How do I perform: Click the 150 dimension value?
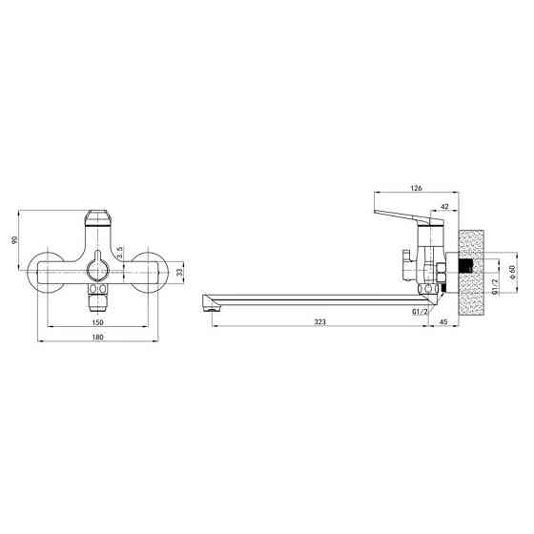(x=97, y=322)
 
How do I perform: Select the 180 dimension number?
(x=97, y=337)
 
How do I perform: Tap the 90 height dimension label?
(x=14, y=240)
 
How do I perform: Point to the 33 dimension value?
(x=180, y=272)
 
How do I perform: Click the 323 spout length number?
(x=319, y=321)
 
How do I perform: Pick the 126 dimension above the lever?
(x=416, y=188)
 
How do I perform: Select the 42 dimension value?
(x=444, y=206)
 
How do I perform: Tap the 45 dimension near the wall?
(x=443, y=321)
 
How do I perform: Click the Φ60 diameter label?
(x=513, y=272)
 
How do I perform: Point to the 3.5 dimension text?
(x=119, y=253)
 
